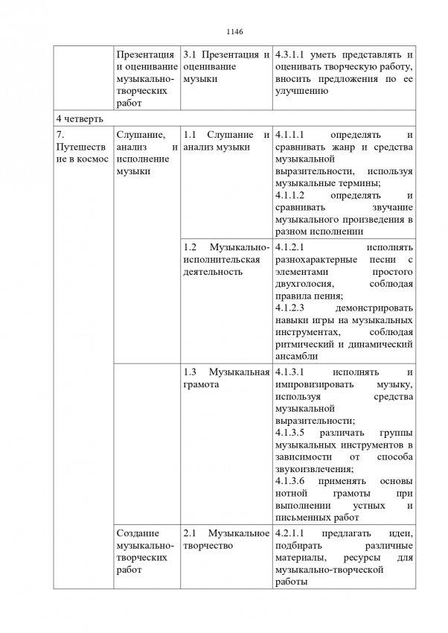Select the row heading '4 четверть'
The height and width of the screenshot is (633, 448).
tap(79, 118)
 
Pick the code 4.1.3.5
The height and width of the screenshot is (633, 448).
tap(291, 433)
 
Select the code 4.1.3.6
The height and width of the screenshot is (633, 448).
tap(291, 481)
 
